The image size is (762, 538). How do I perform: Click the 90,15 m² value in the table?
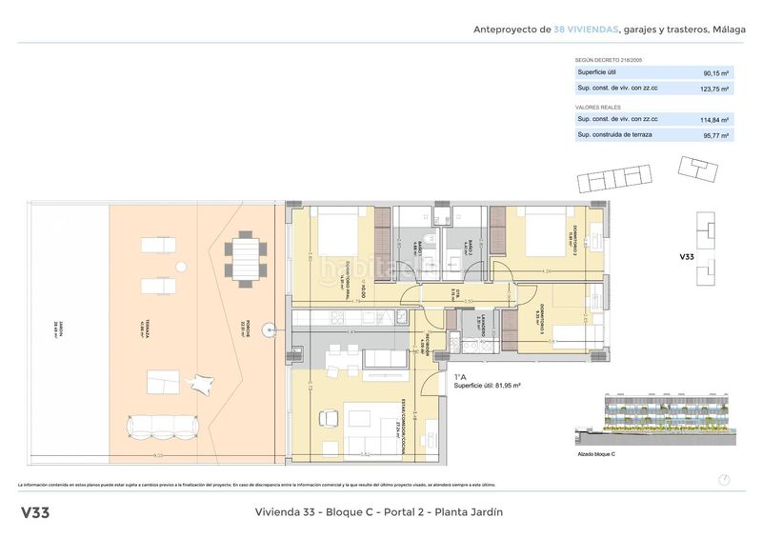tap(714, 72)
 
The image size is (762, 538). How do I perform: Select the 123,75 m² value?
tap(714, 89)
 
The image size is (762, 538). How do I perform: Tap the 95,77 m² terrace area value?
tap(714, 136)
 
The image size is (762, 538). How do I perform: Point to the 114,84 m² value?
tap(714, 120)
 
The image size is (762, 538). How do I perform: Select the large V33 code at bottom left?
tap(35, 512)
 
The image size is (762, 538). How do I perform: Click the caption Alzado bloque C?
tap(596, 454)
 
